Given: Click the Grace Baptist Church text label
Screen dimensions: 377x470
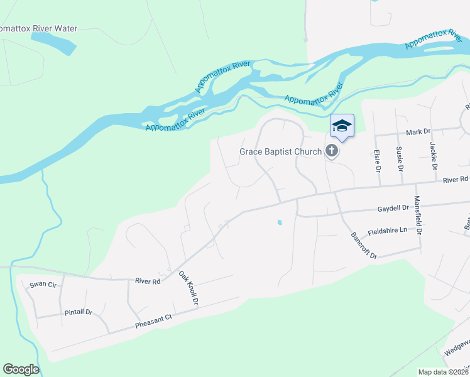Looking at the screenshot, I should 280,151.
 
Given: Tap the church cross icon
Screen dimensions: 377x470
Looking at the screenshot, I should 331,151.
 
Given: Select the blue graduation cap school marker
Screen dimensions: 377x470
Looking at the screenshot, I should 342,126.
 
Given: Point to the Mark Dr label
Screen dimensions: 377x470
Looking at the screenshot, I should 418,132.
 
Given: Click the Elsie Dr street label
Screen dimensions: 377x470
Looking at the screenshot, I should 378,161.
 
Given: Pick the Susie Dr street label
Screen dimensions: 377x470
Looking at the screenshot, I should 399,160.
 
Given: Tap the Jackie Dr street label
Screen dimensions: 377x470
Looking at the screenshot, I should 433,156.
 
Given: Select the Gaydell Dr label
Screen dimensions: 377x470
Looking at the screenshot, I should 393,207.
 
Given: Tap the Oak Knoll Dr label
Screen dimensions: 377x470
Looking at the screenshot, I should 188,288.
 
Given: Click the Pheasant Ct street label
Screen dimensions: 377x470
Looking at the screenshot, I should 153,322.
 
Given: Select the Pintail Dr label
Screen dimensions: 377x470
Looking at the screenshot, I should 79,312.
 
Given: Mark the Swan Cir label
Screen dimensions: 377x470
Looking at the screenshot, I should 43,285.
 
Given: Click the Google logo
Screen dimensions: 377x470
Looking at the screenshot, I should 21,369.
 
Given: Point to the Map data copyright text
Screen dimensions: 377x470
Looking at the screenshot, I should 443,372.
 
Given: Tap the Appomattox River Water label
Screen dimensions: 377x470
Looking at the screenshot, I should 39,28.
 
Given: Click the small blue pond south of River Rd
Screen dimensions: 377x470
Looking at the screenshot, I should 279,222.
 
